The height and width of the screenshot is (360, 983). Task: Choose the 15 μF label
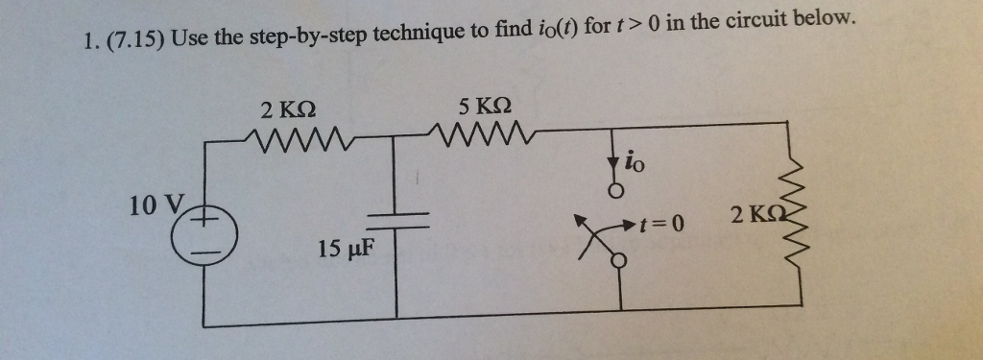click(x=344, y=251)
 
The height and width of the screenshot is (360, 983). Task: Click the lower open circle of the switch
click(x=620, y=259)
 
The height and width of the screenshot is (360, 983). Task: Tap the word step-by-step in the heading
click(x=310, y=38)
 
